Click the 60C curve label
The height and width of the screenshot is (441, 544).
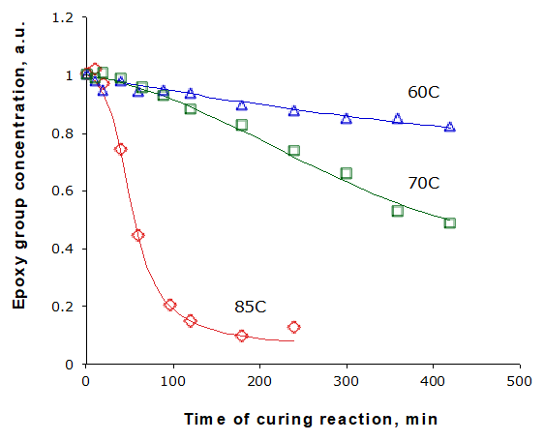point(423,93)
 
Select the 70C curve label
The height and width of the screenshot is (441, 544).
point(423,183)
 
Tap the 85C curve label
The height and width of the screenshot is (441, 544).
point(250,307)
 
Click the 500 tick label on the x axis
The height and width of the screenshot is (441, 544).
point(520,381)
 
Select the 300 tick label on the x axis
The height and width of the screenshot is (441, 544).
point(347,381)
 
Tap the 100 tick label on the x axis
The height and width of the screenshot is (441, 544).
point(172,381)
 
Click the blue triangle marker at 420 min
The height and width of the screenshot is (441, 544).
point(450,127)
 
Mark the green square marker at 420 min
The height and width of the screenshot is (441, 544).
point(450,223)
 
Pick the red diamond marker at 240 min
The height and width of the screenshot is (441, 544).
point(293,327)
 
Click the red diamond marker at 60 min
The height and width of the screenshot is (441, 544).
point(137,235)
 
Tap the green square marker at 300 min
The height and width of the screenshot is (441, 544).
point(346,174)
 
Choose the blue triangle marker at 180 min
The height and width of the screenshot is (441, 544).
point(242,105)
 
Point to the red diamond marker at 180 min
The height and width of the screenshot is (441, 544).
point(242,336)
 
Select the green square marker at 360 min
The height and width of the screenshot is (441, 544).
point(398,211)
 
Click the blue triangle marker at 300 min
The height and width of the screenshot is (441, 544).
point(346,119)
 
